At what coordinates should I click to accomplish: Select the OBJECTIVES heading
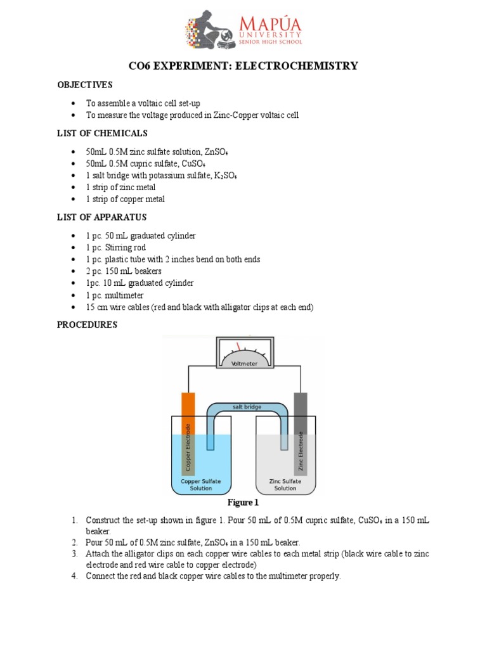click(84, 85)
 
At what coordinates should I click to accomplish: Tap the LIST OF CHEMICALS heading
click(102, 133)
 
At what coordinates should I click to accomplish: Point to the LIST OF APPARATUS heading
click(101, 217)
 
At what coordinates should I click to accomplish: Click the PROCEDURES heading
click(88, 325)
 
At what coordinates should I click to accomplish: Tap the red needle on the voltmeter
click(239, 347)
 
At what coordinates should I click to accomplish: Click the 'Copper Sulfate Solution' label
click(201, 485)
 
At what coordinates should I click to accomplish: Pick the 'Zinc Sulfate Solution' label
click(285, 485)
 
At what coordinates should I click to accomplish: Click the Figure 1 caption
click(243, 503)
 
